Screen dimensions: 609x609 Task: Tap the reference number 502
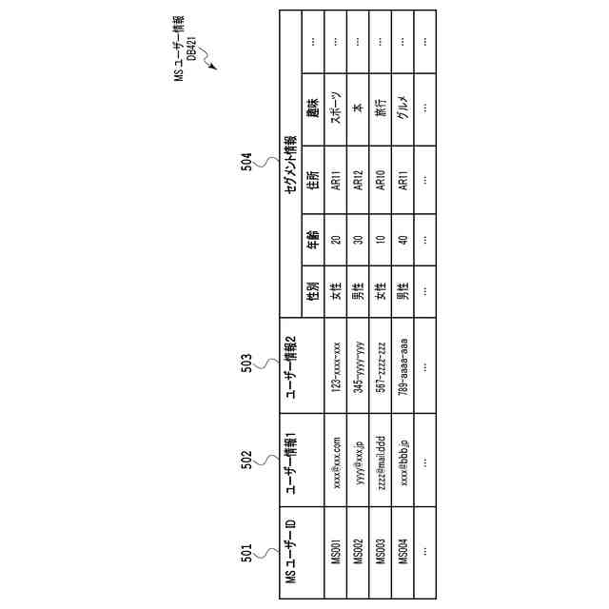pyautogui.click(x=246, y=460)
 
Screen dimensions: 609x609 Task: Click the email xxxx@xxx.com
pyautogui.click(x=336, y=461)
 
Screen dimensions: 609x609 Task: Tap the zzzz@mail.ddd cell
pyautogui.click(x=381, y=461)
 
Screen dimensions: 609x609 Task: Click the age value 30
pyautogui.click(x=359, y=241)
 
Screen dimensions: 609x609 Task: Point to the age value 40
pyautogui.click(x=403, y=241)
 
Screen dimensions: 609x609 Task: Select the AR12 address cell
pyautogui.click(x=359, y=180)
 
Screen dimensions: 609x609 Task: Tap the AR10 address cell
pyautogui.click(x=381, y=180)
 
